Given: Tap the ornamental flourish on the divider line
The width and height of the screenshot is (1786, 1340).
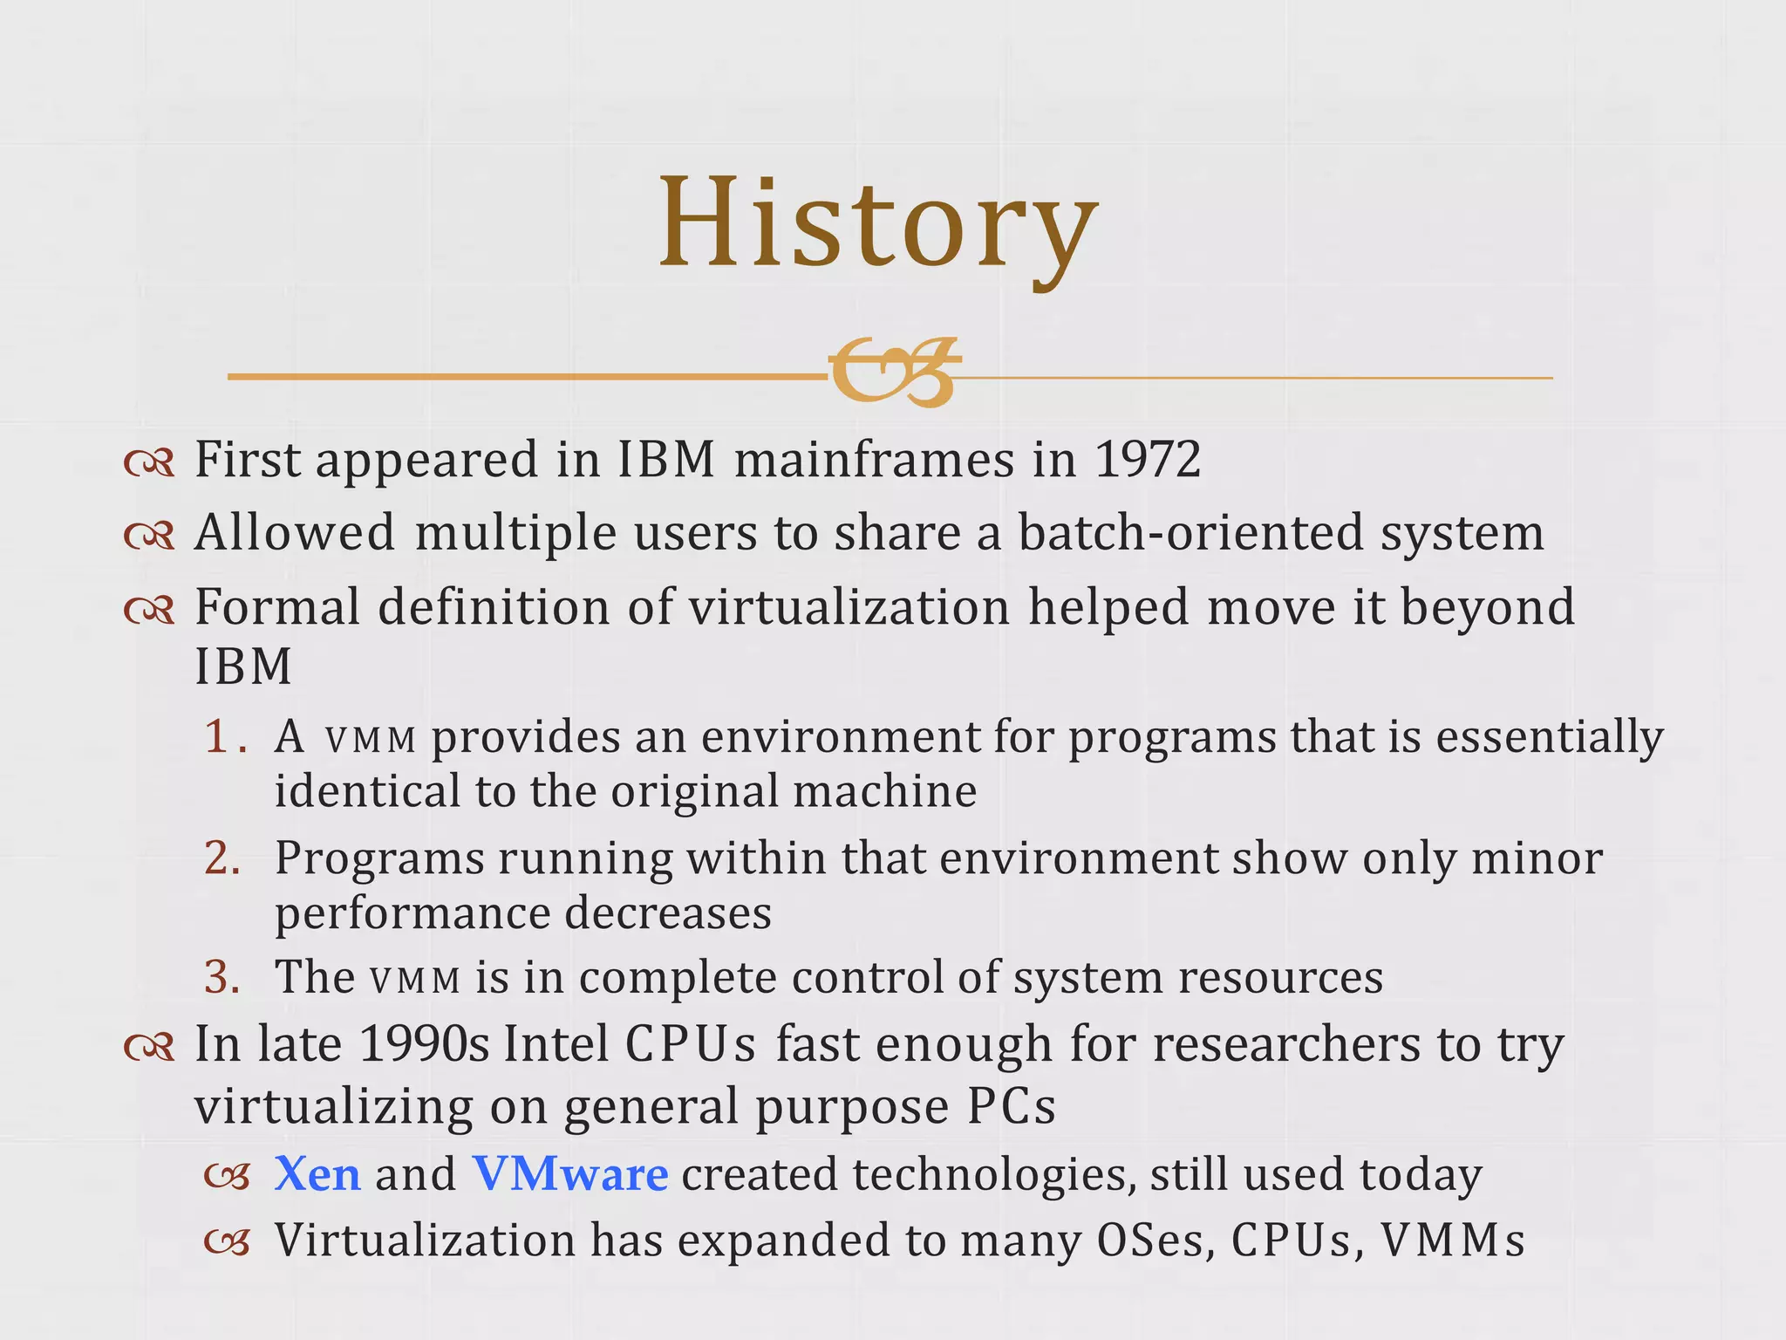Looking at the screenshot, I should point(894,373).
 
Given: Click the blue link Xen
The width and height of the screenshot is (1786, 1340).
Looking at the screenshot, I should point(317,1174).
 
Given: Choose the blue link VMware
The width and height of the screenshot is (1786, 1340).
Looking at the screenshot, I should point(570,1174).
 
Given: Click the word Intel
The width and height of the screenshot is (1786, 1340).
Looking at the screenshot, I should point(556,1043).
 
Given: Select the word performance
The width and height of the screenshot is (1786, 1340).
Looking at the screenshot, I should point(412,914).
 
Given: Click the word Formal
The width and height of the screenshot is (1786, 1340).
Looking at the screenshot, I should point(276,606).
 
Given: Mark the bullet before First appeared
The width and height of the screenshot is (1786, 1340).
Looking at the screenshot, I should point(149,462).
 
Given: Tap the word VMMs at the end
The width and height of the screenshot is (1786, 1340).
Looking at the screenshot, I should point(1452,1241).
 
